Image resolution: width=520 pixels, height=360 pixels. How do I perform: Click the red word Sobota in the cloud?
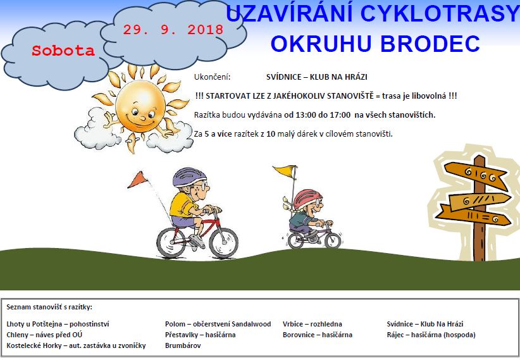pos(63,51)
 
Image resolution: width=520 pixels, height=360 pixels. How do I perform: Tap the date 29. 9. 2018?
pos(173,30)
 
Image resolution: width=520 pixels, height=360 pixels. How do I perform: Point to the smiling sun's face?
pos(140,107)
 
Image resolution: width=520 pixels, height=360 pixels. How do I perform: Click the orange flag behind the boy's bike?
pos(138,180)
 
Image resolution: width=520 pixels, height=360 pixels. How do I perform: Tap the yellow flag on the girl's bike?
pos(285,171)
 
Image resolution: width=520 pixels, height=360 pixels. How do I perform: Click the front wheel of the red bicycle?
pos(224,243)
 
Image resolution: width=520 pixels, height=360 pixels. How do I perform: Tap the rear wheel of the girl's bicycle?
pos(296,240)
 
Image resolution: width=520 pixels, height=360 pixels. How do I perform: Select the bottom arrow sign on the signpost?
pos(473,216)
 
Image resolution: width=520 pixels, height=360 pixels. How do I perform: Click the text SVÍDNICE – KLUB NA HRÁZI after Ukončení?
pos(317,77)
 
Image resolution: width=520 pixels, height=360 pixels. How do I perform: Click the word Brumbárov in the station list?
pos(183,345)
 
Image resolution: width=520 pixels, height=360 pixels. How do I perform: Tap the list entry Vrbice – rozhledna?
pos(313,324)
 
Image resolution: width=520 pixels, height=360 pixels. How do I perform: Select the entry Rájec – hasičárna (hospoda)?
pos(431,335)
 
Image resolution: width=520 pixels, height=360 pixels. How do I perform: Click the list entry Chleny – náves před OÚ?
pos(44,335)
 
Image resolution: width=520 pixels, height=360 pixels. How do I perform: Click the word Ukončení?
pos(213,77)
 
